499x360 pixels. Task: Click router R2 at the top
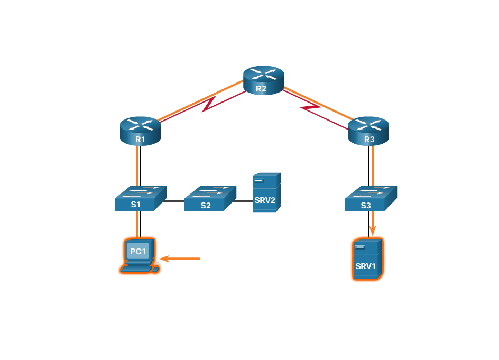(263, 79)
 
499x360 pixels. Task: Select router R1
(140, 130)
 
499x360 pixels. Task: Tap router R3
(368, 130)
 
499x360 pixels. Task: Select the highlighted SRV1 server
(367, 259)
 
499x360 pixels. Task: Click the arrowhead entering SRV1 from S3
(373, 230)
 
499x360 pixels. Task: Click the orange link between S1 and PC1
(137, 223)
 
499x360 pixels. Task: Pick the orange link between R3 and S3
(373, 164)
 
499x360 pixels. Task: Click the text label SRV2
(265, 201)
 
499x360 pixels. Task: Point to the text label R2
(261, 88)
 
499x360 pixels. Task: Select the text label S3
(366, 205)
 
